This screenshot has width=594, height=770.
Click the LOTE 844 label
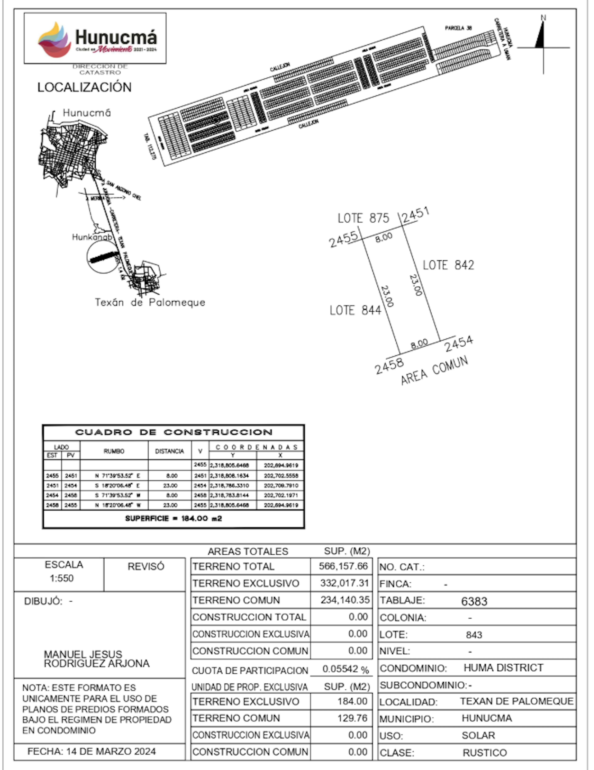coord(355,310)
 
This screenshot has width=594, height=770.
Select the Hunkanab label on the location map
coord(92,237)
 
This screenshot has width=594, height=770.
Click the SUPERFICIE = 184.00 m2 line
coord(173,518)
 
